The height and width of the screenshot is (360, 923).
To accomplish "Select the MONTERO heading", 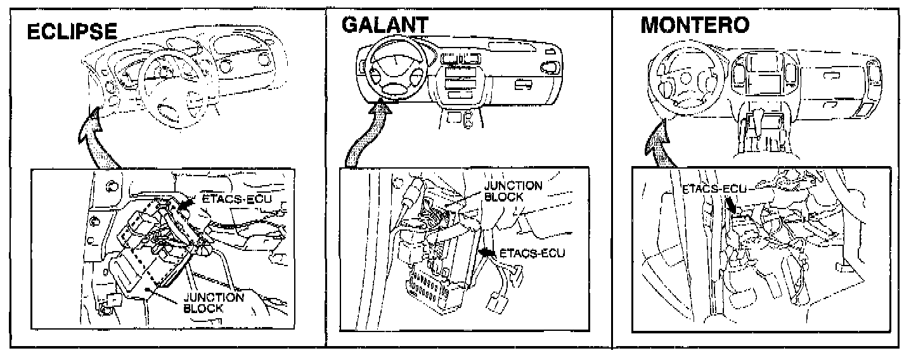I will [695, 25].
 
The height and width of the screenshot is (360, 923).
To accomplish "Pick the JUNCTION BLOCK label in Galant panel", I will [513, 191].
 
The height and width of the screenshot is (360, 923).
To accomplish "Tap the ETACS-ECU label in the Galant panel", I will [531, 254].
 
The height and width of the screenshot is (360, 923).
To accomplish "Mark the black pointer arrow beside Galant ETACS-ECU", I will [487, 253].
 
